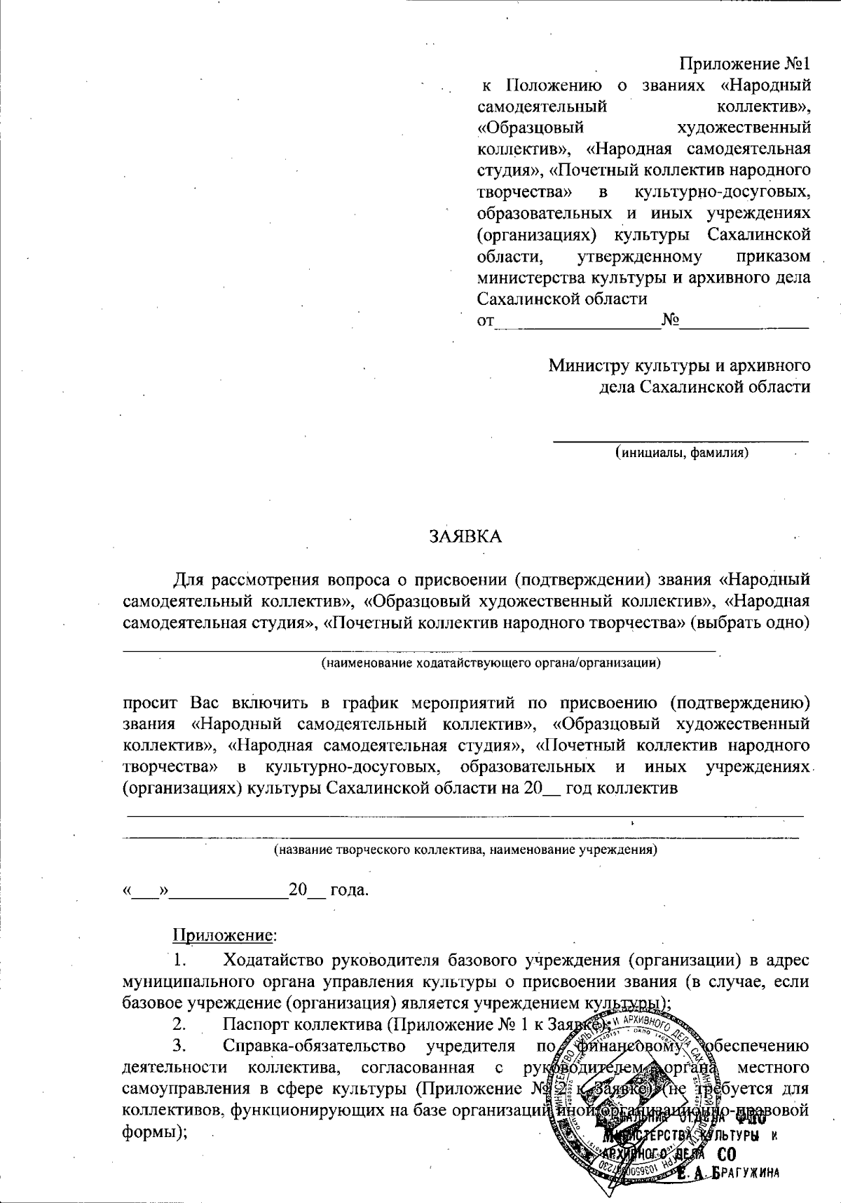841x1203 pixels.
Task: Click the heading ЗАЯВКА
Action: [x=465, y=536]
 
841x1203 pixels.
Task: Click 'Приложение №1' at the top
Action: [x=745, y=64]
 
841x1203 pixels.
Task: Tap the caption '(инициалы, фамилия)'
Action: [x=682, y=453]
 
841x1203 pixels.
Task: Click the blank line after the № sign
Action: [x=745, y=323]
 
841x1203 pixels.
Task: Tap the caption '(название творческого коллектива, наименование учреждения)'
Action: [x=465, y=850]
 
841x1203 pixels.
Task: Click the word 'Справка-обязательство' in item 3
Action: [x=314, y=1047]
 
